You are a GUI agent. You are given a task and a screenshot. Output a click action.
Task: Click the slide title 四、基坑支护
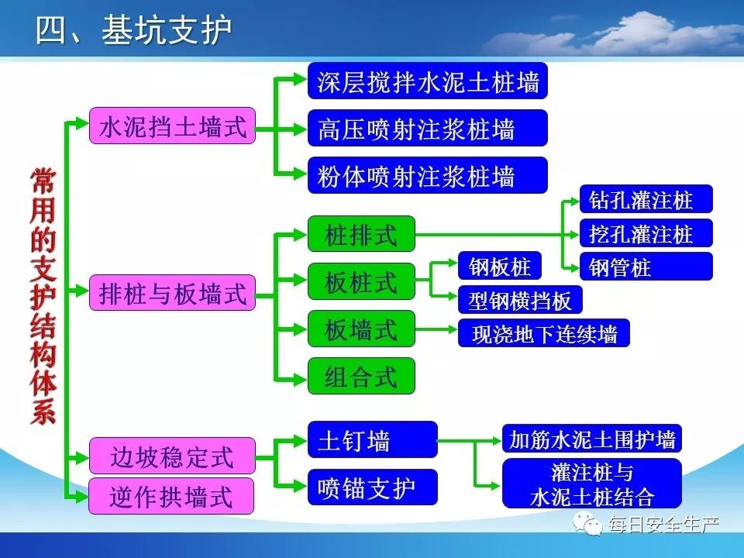click(x=133, y=30)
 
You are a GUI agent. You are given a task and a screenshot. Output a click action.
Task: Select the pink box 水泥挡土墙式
click(x=172, y=126)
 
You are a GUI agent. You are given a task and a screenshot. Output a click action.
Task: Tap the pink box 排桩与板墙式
click(x=172, y=293)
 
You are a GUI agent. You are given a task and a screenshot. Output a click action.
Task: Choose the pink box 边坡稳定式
click(x=172, y=456)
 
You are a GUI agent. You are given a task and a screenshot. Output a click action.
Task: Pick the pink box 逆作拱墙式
click(x=171, y=496)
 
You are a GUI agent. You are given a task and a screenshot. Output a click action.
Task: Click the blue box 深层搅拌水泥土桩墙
click(x=428, y=81)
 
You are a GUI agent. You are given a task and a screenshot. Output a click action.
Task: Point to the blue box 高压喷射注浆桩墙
click(x=428, y=128)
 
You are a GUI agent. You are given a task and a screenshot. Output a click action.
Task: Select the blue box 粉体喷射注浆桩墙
click(x=428, y=176)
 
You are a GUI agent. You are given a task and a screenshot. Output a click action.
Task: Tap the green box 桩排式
click(x=361, y=234)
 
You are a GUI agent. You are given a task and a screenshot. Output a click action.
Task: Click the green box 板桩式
click(x=361, y=281)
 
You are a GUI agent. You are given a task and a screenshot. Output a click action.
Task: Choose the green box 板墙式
click(x=361, y=329)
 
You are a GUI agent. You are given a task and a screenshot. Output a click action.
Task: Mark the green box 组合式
click(x=361, y=377)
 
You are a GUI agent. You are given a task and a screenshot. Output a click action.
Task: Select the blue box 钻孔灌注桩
click(x=646, y=199)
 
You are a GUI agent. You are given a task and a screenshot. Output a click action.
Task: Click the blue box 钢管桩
click(x=646, y=266)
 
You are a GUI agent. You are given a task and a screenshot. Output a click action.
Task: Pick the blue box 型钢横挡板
click(x=520, y=300)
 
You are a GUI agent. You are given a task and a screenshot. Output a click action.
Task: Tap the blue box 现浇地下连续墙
click(x=544, y=333)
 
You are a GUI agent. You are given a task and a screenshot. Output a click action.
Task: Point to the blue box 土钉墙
click(x=373, y=440)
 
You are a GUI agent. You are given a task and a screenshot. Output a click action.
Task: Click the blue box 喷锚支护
click(x=373, y=487)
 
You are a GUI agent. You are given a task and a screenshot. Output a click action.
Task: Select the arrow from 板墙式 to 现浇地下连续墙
click(x=436, y=329)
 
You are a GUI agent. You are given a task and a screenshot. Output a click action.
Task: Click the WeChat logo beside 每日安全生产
click(x=587, y=523)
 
